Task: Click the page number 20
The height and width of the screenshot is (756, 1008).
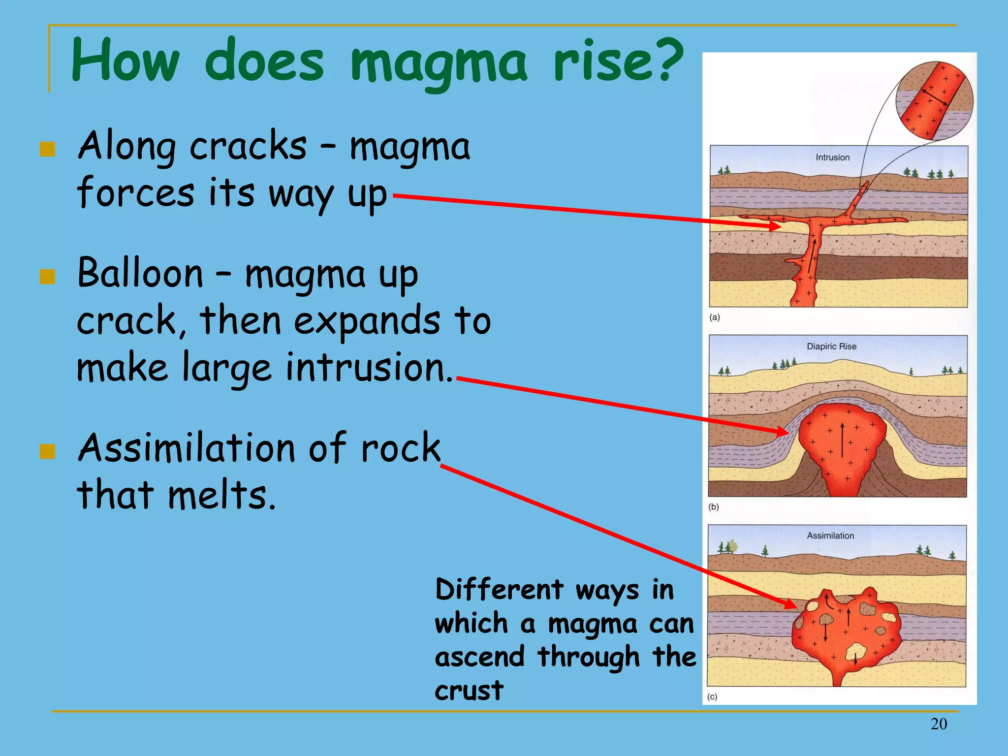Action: pyautogui.click(x=939, y=724)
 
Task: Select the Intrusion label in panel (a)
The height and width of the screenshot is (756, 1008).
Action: pyautogui.click(x=832, y=157)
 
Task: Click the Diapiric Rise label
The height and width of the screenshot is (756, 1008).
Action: pyautogui.click(x=831, y=346)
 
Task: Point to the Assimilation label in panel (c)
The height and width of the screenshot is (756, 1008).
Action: pyautogui.click(x=830, y=535)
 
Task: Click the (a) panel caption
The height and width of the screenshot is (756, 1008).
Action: pyautogui.click(x=715, y=317)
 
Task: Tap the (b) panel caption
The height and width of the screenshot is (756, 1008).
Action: pyautogui.click(x=714, y=506)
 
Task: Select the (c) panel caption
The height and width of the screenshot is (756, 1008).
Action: pyautogui.click(x=712, y=696)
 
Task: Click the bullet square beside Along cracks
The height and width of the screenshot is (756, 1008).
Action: pyautogui.click(x=47, y=149)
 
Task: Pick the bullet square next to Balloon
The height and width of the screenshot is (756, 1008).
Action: pyautogui.click(x=47, y=277)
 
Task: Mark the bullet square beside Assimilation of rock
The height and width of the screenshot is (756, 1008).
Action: pyautogui.click(x=47, y=451)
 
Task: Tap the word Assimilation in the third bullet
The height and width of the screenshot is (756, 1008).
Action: pyautogui.click(x=187, y=448)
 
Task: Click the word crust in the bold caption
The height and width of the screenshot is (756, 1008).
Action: pyautogui.click(x=469, y=690)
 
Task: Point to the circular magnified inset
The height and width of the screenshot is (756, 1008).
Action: pyautogui.click(x=934, y=101)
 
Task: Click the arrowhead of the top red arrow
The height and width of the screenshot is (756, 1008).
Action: pyautogui.click(x=776, y=226)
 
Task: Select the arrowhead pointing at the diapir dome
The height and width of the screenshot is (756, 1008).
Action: pyautogui.click(x=784, y=432)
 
